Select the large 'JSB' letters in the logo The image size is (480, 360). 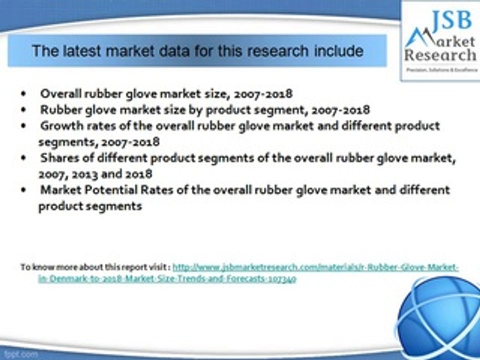450,20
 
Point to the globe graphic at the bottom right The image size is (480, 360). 440,315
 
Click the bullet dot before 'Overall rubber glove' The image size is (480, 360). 24,94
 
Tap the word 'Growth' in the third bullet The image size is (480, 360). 58,125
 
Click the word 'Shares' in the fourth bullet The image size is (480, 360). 57,158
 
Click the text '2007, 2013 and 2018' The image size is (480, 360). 95,174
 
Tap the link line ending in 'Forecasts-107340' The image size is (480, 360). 167,279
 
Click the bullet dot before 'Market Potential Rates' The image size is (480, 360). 24,190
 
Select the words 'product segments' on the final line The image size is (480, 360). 90,206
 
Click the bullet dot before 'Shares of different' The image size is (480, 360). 24,158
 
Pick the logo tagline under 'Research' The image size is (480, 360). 440,70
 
